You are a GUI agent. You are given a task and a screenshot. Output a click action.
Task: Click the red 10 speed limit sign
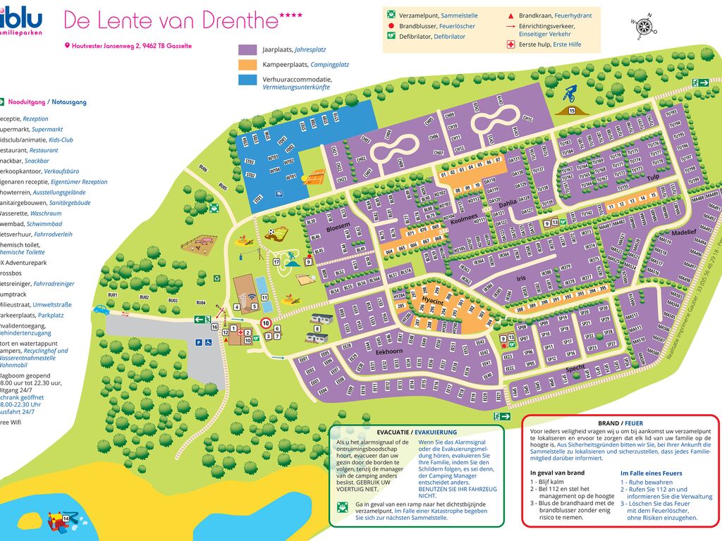click(267, 323)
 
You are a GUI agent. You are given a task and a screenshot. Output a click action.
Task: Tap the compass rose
click(644, 27)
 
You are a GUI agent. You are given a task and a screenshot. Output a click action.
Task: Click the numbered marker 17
click(277, 262)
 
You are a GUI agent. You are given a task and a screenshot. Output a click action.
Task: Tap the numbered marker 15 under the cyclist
click(573, 111)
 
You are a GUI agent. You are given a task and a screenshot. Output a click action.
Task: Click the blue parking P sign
click(199, 343)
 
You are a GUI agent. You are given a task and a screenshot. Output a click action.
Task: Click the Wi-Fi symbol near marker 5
click(252, 306)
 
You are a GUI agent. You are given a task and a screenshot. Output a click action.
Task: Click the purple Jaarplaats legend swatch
click(247, 50)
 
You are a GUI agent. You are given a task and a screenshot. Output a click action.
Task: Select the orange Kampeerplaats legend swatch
click(247, 65)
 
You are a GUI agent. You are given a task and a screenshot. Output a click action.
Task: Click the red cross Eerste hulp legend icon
click(511, 44)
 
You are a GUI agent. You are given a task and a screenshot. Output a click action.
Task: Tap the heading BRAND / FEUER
click(620, 423)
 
